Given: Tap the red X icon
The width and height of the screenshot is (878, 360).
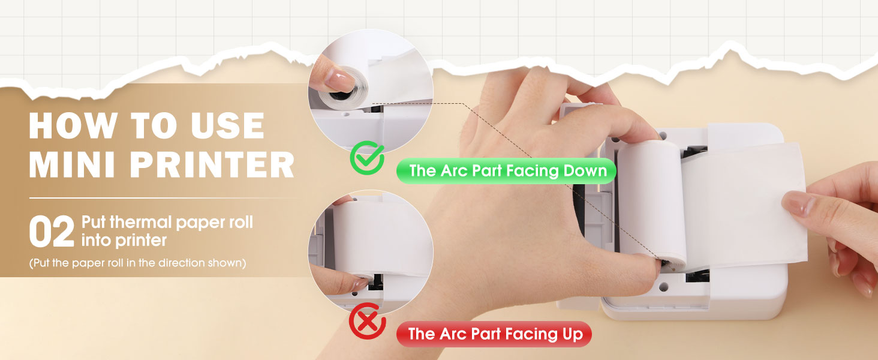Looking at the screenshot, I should (367, 322).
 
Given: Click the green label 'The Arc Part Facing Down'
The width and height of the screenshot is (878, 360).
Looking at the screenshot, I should (507, 171).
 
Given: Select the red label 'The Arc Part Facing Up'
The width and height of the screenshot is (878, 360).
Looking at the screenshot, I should (494, 334).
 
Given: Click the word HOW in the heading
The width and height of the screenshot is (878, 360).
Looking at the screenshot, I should (71, 125).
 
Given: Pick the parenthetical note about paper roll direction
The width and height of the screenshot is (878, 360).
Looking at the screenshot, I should (137, 263).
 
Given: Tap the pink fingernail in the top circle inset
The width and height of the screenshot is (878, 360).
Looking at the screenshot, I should (341, 78).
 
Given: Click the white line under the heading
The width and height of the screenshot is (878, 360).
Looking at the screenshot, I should (162, 198).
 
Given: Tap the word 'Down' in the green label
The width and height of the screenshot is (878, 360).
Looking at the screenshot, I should (585, 171).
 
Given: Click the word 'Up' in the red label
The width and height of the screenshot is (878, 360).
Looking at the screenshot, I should (572, 334).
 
